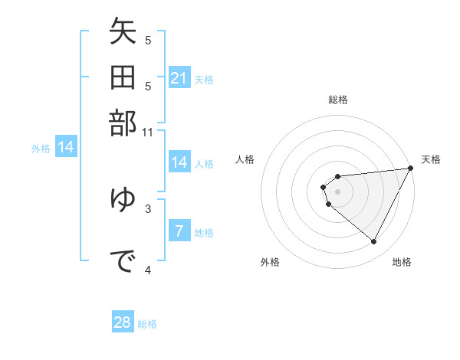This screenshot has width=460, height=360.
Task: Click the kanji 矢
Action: click(123, 34)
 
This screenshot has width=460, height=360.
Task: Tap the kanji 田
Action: click(123, 79)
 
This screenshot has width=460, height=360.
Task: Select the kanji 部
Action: click(123, 123)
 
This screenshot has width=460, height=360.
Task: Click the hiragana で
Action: click(123, 262)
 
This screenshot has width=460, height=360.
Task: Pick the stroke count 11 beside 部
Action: click(149, 132)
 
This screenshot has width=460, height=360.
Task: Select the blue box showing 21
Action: click(179, 78)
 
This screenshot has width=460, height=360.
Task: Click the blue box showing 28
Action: click(123, 322)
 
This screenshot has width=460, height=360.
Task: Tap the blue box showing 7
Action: click(179, 231)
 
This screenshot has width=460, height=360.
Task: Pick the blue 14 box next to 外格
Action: click(66, 147)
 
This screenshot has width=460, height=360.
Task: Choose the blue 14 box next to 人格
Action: click(179, 162)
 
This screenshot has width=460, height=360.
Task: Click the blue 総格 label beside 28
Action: click(147, 324)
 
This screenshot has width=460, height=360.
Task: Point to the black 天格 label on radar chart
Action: click(431, 159)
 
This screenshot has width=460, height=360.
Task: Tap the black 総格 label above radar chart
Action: click(338, 100)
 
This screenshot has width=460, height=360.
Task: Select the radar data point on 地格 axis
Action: click(374, 242)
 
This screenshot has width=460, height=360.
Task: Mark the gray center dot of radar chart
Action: click(338, 191)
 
